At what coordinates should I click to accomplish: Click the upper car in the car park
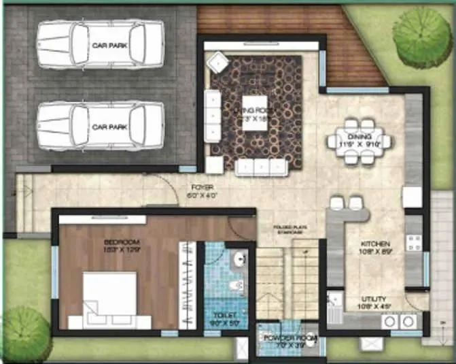click(x=100, y=45)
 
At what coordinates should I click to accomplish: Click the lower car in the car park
click(x=100, y=127)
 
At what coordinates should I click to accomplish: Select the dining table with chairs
click(x=358, y=142)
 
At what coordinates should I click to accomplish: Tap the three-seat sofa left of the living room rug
click(x=213, y=116)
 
